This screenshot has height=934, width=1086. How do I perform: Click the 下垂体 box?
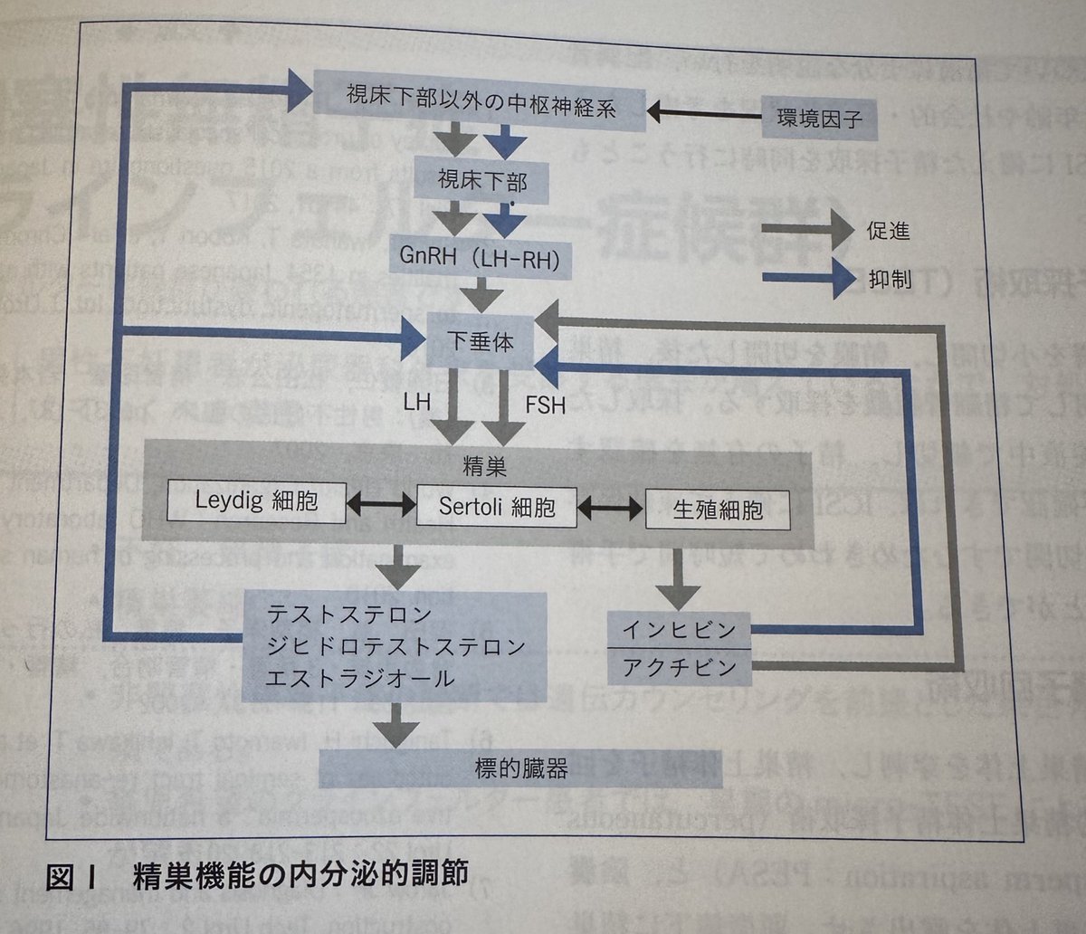(x=480, y=340)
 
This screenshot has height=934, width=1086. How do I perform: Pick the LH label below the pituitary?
(x=417, y=402)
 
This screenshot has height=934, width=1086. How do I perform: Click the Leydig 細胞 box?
(x=257, y=500)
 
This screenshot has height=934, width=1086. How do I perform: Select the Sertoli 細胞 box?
(x=498, y=505)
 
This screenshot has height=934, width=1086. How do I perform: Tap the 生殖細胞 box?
(x=718, y=509)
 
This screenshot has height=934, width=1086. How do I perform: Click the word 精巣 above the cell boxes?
(x=484, y=468)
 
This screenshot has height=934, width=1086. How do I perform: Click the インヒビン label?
(x=679, y=627)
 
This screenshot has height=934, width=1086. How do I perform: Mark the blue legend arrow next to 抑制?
(x=806, y=280)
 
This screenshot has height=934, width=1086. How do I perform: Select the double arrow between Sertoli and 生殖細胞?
(x=612, y=507)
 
